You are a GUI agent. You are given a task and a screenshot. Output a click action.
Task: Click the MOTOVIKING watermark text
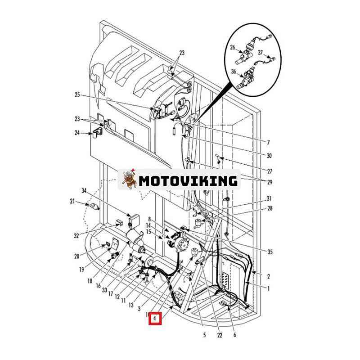coord(188,181)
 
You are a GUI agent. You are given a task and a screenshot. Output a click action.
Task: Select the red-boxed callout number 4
coord(155,319)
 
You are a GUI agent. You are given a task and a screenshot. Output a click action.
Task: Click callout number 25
coord(77,95)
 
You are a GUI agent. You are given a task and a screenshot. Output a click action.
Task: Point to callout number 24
coord(77,133)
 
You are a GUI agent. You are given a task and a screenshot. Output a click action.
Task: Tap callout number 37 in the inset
coord(260,52)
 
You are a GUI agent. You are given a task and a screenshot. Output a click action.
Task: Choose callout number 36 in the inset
coord(234,71)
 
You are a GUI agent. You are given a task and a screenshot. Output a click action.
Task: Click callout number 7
coord(268,143)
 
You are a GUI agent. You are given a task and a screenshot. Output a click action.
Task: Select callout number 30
coord(269,156)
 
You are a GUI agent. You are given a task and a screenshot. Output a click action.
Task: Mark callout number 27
coord(270,171)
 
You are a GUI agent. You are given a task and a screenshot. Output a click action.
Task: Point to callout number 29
coord(270,182)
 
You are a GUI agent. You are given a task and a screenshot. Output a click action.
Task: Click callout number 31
coord(269,198)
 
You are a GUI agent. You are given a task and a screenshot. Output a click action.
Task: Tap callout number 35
coord(270,252)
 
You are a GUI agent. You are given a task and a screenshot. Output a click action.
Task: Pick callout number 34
coord(84,191)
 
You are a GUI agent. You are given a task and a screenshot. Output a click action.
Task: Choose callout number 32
coord(76,235)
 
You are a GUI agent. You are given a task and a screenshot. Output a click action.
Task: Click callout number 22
coord(220,335)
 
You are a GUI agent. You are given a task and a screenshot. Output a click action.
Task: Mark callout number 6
coord(234,335)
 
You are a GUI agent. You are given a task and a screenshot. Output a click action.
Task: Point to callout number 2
coord(269,276)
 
